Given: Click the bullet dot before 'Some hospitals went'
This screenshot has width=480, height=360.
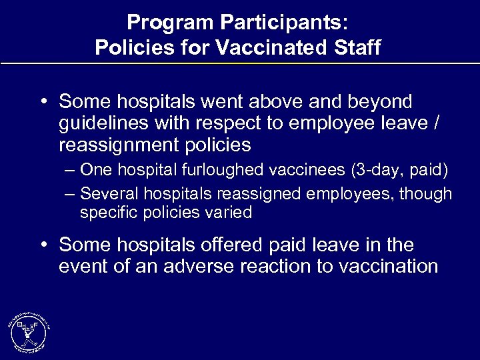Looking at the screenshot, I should click(42, 103).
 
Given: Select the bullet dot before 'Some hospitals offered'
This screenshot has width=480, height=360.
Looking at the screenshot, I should click(42, 245).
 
